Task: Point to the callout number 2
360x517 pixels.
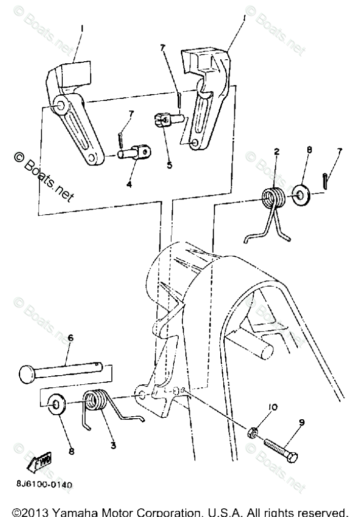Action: (277, 151)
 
